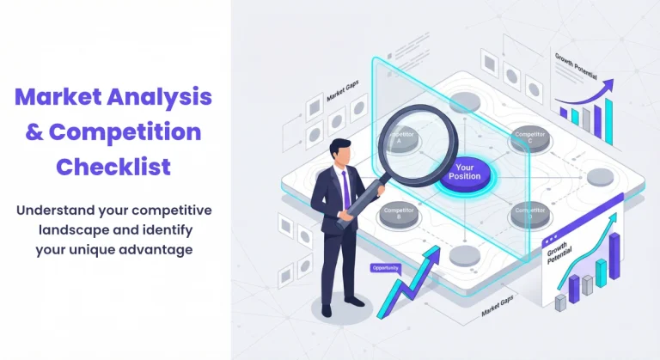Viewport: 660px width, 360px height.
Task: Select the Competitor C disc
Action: click(529, 137)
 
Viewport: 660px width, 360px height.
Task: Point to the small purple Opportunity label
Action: click(385, 268)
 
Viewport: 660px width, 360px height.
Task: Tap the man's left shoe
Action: click(327, 309)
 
